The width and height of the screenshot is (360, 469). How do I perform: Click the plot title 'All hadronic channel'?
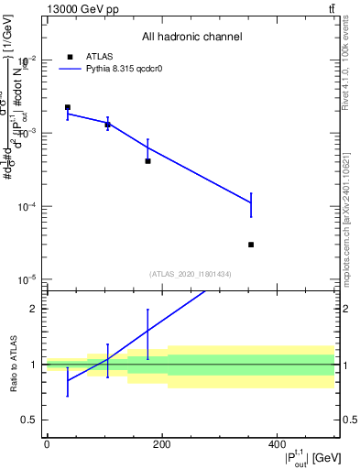tap(191, 37)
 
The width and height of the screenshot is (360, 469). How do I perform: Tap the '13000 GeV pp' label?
tap(81, 8)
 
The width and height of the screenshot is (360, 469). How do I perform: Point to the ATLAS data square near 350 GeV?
tap(251, 245)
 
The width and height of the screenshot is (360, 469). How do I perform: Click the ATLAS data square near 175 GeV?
tap(147, 161)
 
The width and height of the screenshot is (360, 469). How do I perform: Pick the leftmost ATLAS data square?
tap(68, 107)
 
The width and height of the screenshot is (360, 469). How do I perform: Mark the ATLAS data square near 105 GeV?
tap(107, 125)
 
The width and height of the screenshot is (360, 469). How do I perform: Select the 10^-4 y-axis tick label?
tap(29, 207)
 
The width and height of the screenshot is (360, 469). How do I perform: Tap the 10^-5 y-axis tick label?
tap(29, 280)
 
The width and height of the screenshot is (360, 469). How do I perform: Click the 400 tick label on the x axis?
tap(277, 445)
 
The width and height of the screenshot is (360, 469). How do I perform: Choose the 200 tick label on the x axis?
tap(161, 445)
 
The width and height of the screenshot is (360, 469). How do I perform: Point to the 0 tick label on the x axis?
tap(47, 445)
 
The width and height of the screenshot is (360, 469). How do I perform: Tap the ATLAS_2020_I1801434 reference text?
tap(191, 274)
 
